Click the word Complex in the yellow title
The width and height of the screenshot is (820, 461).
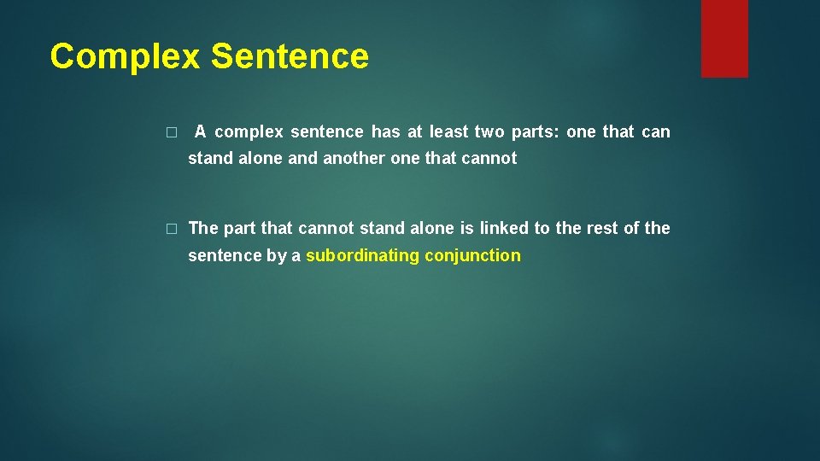coord(125,56)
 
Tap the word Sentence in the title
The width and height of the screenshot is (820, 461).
coord(290,56)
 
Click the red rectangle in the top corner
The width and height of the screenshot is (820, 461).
coord(724,38)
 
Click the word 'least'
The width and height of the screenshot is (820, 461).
coord(449,132)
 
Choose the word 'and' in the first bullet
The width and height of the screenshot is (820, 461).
coord(302,159)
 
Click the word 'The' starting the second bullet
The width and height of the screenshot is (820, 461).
coord(203,228)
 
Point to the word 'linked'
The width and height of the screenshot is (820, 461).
coord(504,228)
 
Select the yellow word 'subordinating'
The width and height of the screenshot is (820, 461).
coord(362,255)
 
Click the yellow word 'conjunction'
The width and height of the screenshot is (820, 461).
coord(472,255)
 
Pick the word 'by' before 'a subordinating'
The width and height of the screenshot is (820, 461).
coord(277,255)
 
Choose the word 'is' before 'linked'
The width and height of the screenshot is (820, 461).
coord(466,228)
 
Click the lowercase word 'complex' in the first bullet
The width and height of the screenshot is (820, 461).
coord(249,132)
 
